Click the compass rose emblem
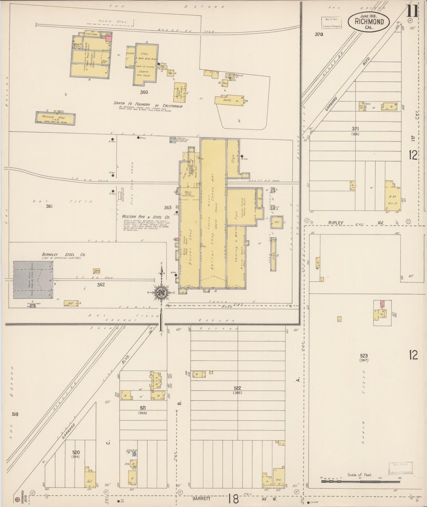click(x=162, y=293)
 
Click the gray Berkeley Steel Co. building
click(x=33, y=280)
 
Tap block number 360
click(x=144, y=92)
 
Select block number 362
click(x=101, y=285)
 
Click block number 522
click(x=237, y=388)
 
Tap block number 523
click(x=364, y=355)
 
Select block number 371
click(x=355, y=129)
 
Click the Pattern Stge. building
click(x=56, y=118)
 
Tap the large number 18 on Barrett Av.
click(x=233, y=499)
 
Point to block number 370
click(x=319, y=34)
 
